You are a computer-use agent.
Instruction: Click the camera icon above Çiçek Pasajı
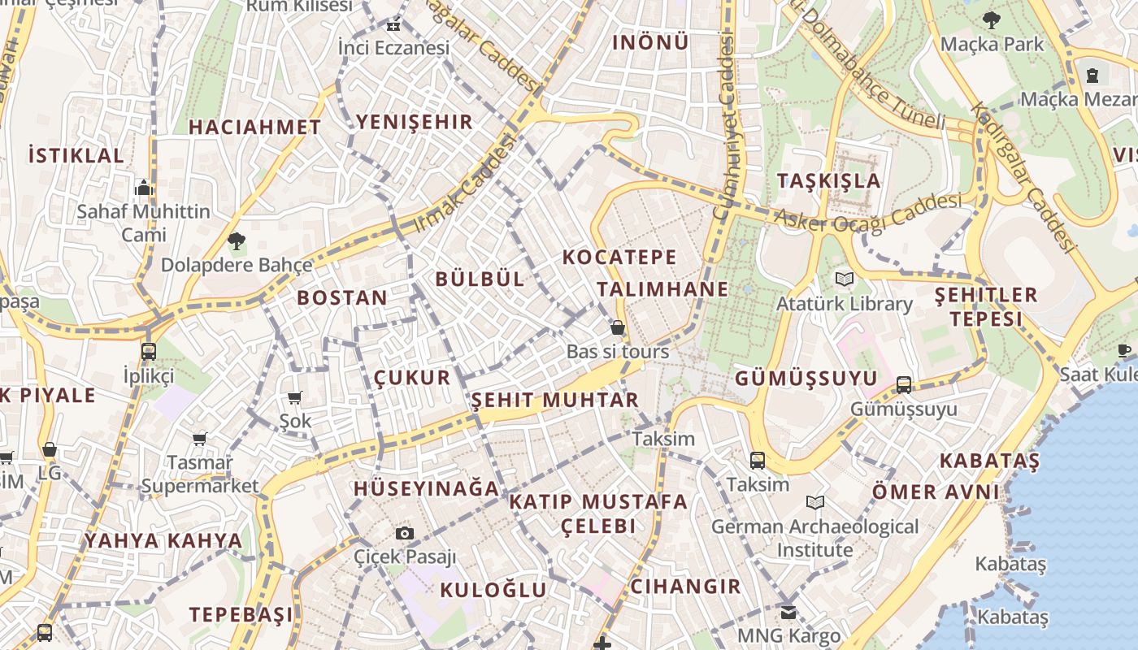[x=405, y=534]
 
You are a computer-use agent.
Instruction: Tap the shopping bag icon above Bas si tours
[x=618, y=328]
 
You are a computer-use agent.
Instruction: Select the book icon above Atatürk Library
[x=845, y=279]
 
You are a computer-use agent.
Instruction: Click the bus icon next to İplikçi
[x=148, y=352]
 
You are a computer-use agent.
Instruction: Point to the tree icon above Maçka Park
[x=991, y=20]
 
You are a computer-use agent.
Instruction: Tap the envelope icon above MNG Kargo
[x=788, y=612]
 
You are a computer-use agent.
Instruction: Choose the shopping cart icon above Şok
[x=295, y=397]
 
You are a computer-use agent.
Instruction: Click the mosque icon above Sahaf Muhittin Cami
[x=144, y=188]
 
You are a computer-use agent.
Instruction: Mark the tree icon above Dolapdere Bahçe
[x=237, y=241]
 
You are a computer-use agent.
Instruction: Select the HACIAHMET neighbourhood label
[x=255, y=128]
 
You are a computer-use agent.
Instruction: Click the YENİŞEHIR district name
[x=414, y=123]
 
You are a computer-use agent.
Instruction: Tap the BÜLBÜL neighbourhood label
[x=480, y=279]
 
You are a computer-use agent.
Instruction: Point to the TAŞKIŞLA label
[x=828, y=180]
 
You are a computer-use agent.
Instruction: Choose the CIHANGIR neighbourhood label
[x=686, y=586]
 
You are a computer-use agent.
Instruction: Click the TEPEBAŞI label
[x=241, y=614]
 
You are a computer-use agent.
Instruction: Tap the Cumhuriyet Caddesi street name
[x=723, y=126]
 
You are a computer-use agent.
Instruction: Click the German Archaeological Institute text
[x=814, y=538]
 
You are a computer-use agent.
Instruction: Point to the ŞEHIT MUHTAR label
[x=555, y=400]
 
